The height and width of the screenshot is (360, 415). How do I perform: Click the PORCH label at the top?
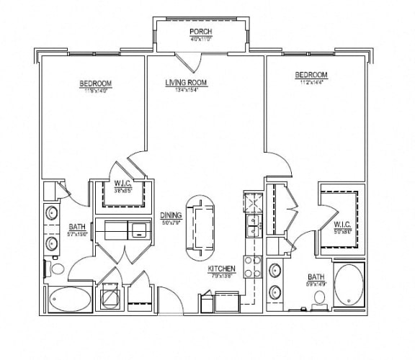[200, 32]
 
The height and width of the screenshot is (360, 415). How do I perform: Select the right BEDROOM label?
[312, 75]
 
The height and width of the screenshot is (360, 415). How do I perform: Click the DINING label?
[171, 215]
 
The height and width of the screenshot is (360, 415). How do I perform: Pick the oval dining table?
[201, 227]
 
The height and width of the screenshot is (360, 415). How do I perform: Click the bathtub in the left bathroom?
[70, 299]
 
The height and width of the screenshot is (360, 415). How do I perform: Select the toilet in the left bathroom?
[56, 269]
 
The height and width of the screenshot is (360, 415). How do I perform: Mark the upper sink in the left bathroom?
[51, 214]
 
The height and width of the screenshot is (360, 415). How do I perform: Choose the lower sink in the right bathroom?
[276, 293]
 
